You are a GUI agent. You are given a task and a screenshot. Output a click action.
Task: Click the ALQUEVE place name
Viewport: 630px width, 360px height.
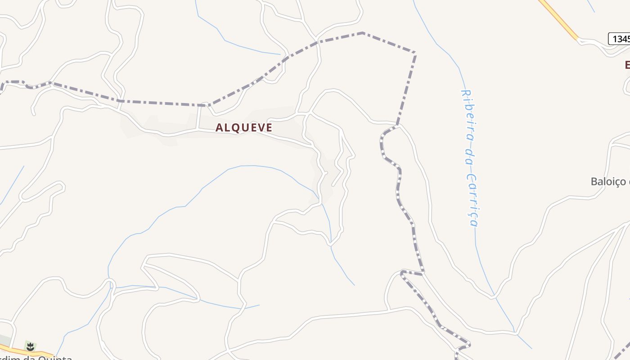pyautogui.click(x=244, y=127)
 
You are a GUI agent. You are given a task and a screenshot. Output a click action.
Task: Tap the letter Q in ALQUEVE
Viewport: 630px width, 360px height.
pyautogui.click(x=238, y=127)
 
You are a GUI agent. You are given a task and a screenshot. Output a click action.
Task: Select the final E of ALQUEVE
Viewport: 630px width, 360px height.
pyautogui.click(x=269, y=127)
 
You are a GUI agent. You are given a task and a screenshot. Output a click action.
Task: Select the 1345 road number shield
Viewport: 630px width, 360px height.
pyautogui.click(x=620, y=39)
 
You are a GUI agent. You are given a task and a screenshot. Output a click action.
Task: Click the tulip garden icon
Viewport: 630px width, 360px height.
pyautogui.click(x=30, y=346)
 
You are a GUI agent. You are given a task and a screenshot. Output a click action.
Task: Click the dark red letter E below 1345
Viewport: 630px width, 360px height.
pyautogui.click(x=627, y=65)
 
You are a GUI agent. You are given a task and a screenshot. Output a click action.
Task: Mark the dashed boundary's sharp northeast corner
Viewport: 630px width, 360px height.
pyautogui.click(x=414, y=54)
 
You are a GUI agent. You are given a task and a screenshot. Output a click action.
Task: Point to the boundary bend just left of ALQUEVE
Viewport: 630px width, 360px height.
pyautogui.click(x=205, y=105)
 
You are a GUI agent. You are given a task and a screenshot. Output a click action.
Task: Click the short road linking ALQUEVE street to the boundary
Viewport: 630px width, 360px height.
pyautogui.click(x=198, y=117)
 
